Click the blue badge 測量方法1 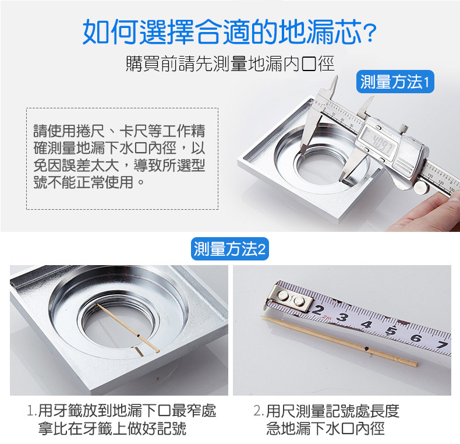(394, 82)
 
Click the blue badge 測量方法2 (230, 250)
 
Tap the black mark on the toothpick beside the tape (367, 349)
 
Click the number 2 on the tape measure (318, 311)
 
